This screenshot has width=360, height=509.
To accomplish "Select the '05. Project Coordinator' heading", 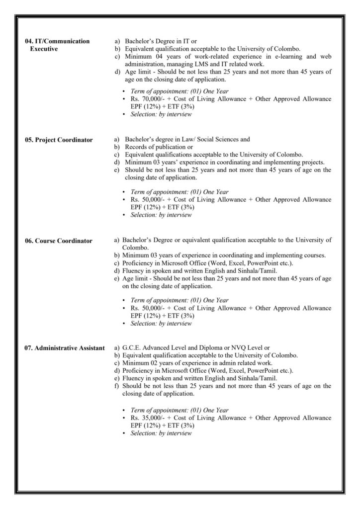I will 59,140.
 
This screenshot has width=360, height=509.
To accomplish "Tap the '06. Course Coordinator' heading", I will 58,241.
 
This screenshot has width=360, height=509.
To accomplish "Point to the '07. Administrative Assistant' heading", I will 65,348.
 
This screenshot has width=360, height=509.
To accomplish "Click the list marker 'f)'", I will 117,385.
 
